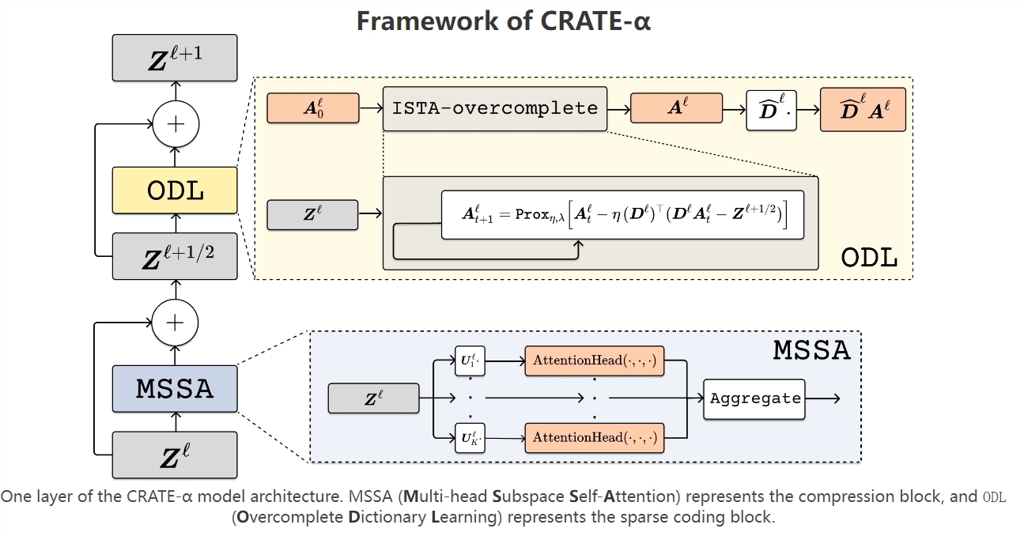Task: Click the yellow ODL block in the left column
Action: [x=175, y=190]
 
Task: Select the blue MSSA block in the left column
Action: [x=175, y=388]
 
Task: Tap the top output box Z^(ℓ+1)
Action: [x=175, y=58]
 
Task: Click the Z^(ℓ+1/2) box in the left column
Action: [x=175, y=256]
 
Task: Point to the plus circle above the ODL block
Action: [x=175, y=124]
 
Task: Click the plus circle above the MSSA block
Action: [x=175, y=323]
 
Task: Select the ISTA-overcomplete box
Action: [x=495, y=108]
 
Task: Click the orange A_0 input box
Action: [x=313, y=108]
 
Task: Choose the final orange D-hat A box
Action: [x=863, y=108]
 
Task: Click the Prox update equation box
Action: [x=622, y=215]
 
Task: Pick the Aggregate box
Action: [x=754, y=398]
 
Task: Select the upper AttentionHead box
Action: [x=595, y=360]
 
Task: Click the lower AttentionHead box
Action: [x=595, y=437]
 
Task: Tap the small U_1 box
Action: [x=470, y=360]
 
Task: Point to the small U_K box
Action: [x=470, y=437]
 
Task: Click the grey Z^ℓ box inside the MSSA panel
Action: [x=373, y=398]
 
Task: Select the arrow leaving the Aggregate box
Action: [x=822, y=398]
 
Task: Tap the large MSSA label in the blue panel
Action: [x=811, y=349]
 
